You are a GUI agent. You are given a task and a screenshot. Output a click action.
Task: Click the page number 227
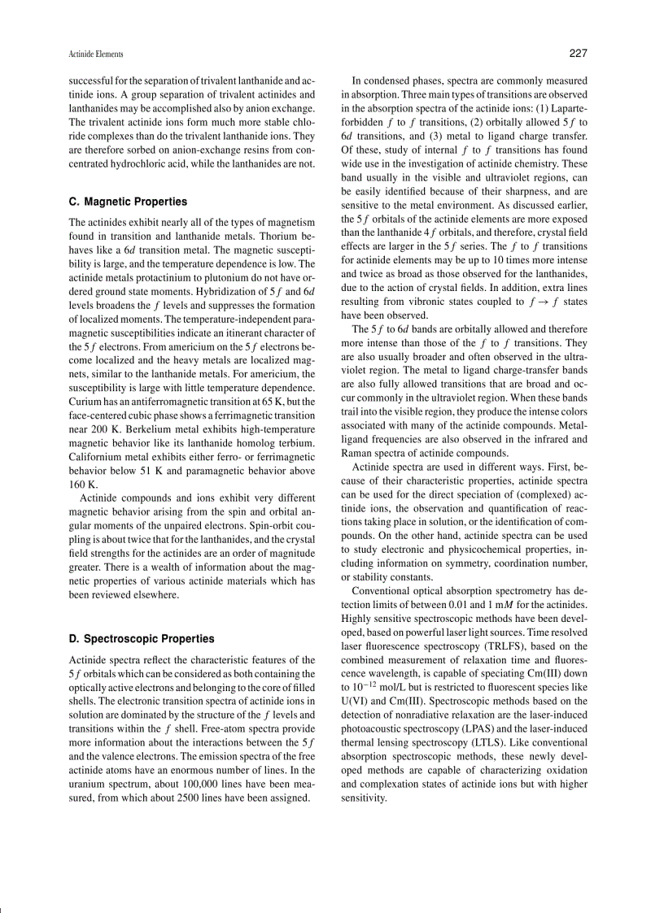pos(577,54)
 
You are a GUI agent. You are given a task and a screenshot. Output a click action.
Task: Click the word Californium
pos(100,457)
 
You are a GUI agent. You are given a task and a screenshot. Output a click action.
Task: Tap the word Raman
pos(357,453)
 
